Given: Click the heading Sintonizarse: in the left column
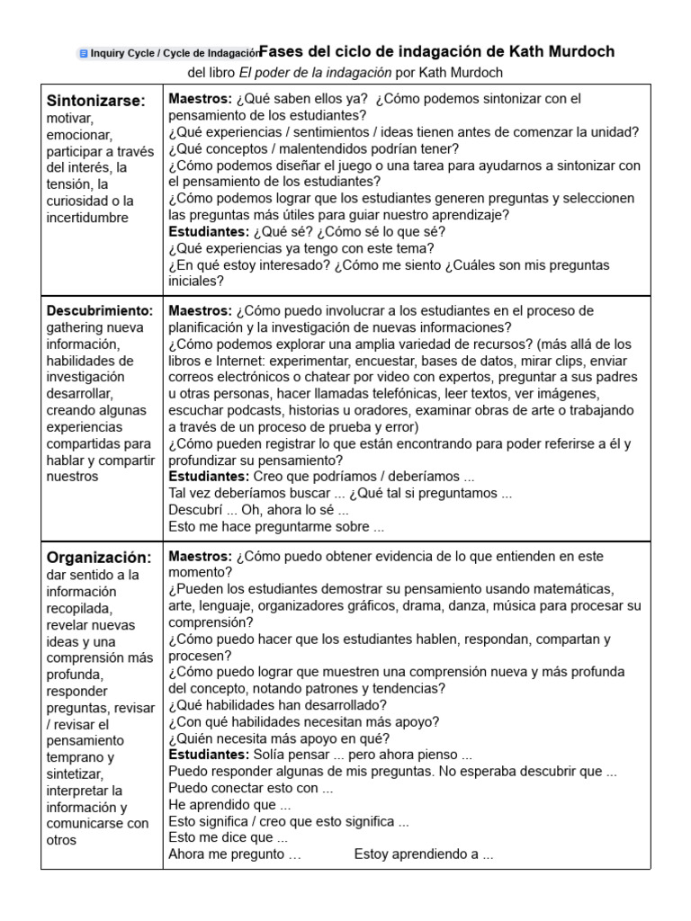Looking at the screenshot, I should (x=95, y=101).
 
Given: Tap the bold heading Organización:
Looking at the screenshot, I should (x=99, y=557).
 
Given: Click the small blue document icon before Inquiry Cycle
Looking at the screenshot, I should (x=84, y=54).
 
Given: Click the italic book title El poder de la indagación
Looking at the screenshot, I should (x=314, y=72).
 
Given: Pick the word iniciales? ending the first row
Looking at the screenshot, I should (x=197, y=281).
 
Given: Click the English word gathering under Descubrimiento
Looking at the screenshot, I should (x=74, y=327).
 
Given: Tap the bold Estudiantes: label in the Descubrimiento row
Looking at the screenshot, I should (x=209, y=477).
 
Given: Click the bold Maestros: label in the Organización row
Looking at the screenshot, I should (x=200, y=557).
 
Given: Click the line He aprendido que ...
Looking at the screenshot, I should (x=229, y=805).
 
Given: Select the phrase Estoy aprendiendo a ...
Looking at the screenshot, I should (x=423, y=854).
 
